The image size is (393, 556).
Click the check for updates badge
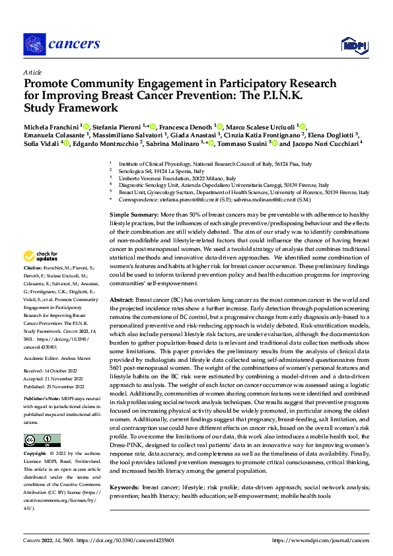click(x=41, y=274)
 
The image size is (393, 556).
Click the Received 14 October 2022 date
click(x=51, y=370)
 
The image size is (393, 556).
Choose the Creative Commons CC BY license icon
click(x=40, y=440)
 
